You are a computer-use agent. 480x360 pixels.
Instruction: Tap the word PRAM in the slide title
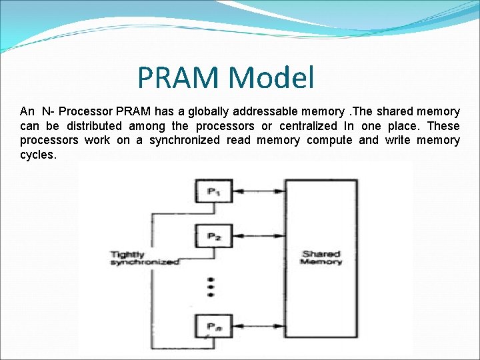coord(178,78)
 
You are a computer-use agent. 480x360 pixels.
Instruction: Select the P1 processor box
coord(213,192)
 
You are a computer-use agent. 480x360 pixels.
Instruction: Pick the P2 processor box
coord(213,237)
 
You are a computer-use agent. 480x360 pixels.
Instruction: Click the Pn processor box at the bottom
coord(213,326)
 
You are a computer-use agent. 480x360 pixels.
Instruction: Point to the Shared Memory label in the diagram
coord(321,258)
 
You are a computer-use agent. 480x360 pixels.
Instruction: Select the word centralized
coord(308,126)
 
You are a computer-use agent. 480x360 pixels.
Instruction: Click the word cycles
coord(38,155)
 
